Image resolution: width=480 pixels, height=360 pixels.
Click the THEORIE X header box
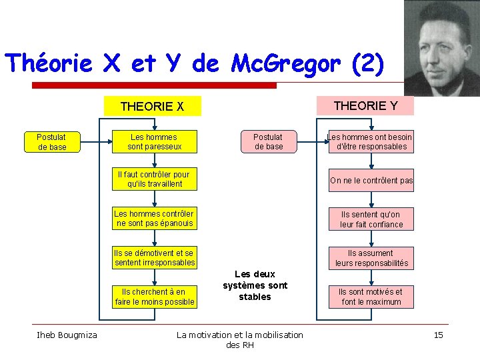[x=152, y=107]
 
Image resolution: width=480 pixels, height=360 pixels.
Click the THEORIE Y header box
[x=365, y=105]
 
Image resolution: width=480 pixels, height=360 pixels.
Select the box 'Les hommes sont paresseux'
[x=154, y=141]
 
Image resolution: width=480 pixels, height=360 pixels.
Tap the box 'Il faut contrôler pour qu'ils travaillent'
[x=154, y=179]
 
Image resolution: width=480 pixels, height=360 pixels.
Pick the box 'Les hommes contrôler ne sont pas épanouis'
[x=154, y=219]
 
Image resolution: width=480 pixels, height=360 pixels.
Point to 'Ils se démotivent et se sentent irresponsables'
[x=154, y=258]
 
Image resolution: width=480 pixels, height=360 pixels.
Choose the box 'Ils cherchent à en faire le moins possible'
[x=155, y=297]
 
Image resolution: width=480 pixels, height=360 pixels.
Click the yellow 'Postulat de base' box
[x=53, y=142]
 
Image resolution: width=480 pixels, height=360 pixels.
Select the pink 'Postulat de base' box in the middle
[x=269, y=141]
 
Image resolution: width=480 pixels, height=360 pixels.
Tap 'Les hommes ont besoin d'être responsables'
[x=371, y=141]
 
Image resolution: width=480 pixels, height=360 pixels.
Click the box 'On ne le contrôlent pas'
[x=371, y=181]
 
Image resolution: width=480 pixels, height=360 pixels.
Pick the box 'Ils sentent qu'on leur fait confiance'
[x=371, y=219]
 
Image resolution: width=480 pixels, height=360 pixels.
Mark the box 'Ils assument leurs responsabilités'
[x=371, y=258]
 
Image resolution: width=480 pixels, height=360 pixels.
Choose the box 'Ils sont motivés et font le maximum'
[x=371, y=297]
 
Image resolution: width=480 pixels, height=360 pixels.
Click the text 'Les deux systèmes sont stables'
[x=255, y=285]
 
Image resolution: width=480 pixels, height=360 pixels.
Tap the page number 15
[x=438, y=335]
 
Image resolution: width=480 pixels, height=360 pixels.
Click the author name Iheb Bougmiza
[x=67, y=335]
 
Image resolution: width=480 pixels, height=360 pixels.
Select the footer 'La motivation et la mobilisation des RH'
[x=239, y=339]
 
